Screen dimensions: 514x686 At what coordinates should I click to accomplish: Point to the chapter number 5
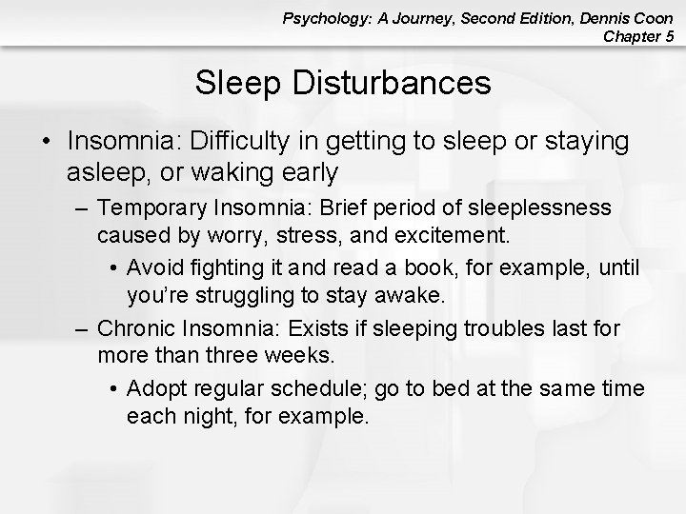pyautogui.click(x=669, y=37)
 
